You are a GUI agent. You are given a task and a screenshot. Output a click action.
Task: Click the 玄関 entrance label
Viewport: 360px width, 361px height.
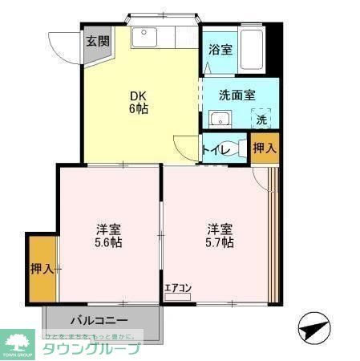click(98, 42)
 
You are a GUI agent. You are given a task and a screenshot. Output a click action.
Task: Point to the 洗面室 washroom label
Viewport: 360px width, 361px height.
click(238, 95)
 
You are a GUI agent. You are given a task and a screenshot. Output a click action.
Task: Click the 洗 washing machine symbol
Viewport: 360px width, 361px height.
click(262, 120)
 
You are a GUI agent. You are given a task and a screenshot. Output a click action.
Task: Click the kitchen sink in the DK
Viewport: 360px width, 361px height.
click(146, 37)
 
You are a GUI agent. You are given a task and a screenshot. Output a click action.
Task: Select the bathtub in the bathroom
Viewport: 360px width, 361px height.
click(253, 51)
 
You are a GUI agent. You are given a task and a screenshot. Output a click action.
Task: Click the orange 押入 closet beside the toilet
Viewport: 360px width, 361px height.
click(265, 148)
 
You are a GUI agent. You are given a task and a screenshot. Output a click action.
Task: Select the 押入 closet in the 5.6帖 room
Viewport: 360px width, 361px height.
click(42, 270)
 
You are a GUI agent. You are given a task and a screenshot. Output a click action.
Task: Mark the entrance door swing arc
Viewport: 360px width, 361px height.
click(60, 44)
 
